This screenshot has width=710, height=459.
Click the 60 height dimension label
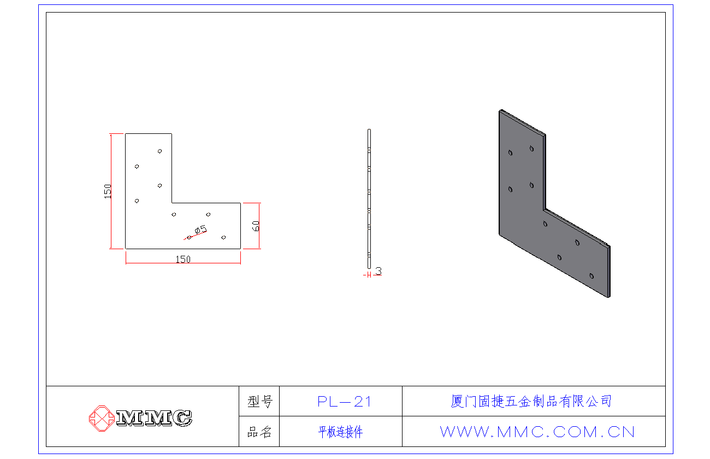pyautogui.click(x=256, y=226)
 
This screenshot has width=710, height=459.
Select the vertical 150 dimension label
pyautogui.click(x=108, y=191)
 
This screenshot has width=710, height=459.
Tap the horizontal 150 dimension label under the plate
pyautogui.click(x=183, y=260)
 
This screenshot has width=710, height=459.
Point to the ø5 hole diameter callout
pyautogui.click(x=200, y=229)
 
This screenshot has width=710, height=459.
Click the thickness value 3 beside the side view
pyautogui.click(x=378, y=271)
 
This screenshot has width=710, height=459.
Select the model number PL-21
pyautogui.click(x=344, y=402)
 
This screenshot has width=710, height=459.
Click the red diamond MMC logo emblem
pyautogui.click(x=102, y=419)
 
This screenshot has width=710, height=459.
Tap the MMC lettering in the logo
pyautogui.click(x=155, y=418)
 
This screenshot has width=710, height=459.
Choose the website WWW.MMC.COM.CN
pyautogui.click(x=537, y=432)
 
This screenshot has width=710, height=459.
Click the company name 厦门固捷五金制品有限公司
pyautogui.click(x=531, y=401)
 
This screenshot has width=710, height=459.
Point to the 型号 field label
pyautogui.click(x=260, y=402)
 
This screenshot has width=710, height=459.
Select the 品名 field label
pyautogui.click(x=259, y=432)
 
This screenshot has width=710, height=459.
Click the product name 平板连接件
pyautogui.click(x=340, y=432)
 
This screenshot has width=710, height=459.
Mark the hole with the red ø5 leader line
pyautogui.click(x=189, y=238)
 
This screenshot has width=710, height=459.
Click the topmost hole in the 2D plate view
pyautogui.click(x=159, y=151)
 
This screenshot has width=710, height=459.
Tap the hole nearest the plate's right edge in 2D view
pyautogui.click(x=223, y=237)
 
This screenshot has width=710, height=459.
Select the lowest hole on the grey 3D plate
pyautogui.click(x=591, y=276)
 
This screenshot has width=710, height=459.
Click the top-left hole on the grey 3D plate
pyautogui.click(x=510, y=153)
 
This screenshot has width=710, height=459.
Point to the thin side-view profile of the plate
pyautogui.click(x=369, y=199)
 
